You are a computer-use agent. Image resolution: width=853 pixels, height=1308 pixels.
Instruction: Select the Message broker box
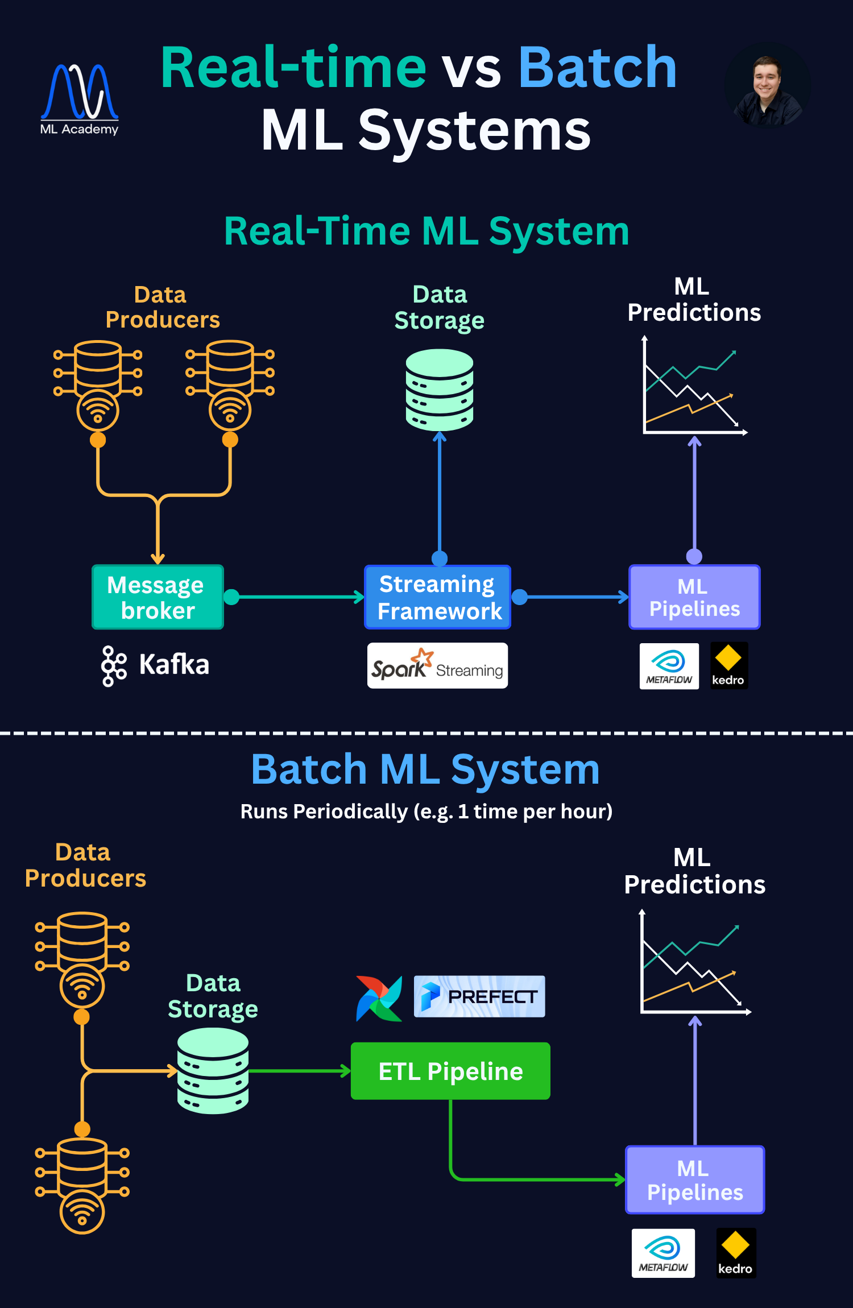158,597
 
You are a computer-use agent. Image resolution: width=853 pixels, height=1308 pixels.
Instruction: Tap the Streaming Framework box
438,597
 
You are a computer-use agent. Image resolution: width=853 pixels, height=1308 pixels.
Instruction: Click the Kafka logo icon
113,665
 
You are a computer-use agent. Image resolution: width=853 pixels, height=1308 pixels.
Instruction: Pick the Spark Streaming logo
437,666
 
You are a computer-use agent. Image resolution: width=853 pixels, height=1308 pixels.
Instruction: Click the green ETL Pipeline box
450,1071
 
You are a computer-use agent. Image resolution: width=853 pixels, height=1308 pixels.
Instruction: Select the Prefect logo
479,996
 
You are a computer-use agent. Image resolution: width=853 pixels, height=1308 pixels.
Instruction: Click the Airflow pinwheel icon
379,998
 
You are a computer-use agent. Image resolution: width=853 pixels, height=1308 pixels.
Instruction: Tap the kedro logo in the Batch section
735,1253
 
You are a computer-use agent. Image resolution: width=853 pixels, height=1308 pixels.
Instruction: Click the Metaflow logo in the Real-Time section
669,666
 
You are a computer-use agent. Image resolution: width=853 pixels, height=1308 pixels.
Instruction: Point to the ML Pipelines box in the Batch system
694,1180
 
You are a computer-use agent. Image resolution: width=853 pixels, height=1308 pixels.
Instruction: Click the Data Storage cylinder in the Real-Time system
440,390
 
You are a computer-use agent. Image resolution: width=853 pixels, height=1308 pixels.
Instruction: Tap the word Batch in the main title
597,68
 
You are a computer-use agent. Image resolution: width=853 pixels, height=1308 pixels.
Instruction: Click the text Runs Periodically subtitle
426,812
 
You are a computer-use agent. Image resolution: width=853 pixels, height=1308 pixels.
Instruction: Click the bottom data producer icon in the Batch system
82,1186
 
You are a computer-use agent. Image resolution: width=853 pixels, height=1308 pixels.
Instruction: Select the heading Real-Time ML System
426,231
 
